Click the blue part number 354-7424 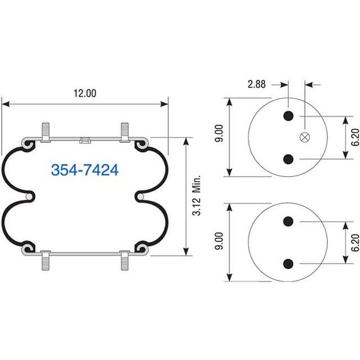pos(85,170)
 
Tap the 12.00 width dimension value pos(85,93)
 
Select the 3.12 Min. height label pos(197,195)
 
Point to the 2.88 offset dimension pos(256,84)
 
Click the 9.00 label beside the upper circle pos(219,133)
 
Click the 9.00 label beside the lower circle pos(219,241)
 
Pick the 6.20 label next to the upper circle pos(355,137)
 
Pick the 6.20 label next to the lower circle pos(355,243)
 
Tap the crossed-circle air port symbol pos(305,137)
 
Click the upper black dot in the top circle pos(288,116)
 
